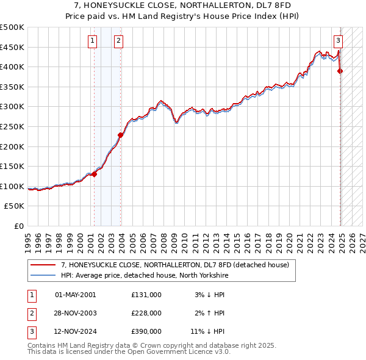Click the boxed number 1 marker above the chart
[92, 41]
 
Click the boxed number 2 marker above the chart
[118, 41]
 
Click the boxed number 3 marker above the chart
[338, 41]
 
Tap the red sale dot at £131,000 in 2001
[95, 174]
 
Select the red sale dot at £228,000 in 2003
[121, 135]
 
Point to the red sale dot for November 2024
[340, 71]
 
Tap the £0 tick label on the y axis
[18, 226]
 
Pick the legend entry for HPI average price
[144, 275]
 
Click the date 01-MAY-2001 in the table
[76, 295]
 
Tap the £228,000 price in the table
[146, 313]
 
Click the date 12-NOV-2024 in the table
[76, 332]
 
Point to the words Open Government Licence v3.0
[181, 352]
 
